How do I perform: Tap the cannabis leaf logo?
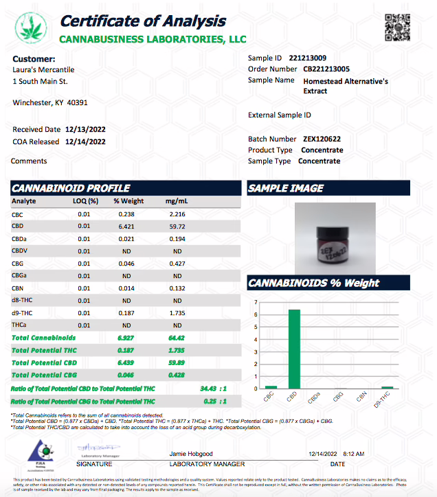[31, 28]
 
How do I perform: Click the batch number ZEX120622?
[322, 139]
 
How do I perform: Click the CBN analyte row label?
[19, 288]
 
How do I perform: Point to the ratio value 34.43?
[209, 389]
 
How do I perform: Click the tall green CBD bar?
[293, 349]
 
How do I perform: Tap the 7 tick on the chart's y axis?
[256, 303]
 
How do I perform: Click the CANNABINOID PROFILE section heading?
[71, 188]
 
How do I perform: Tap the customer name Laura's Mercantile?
[44, 70]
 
